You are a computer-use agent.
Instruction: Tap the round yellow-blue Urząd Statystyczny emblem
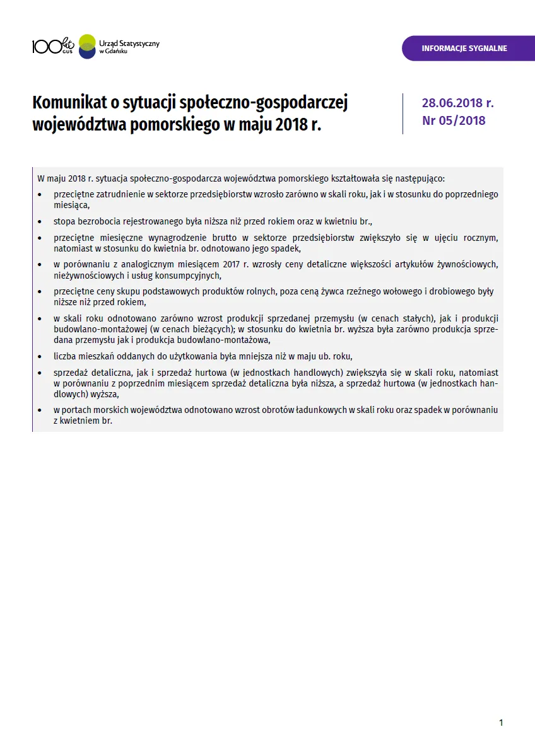87,46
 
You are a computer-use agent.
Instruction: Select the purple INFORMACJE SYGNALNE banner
464,49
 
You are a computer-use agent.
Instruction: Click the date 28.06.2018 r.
457,103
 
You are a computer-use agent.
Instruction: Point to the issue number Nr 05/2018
454,120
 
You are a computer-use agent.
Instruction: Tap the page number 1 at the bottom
501,723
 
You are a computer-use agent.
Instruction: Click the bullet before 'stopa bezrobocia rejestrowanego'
40,222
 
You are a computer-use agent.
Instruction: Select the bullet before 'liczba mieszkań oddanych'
40,356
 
